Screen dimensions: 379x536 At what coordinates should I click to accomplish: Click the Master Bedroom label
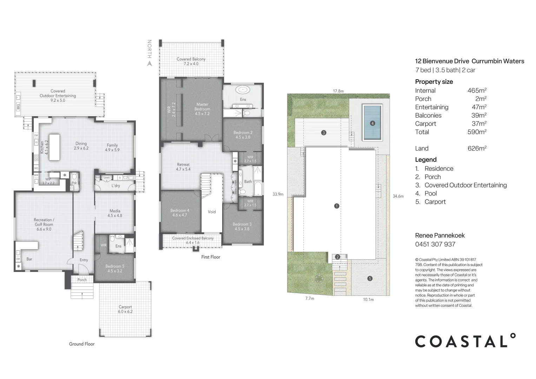click(202, 109)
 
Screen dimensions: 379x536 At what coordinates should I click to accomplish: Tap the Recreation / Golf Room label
click(44, 224)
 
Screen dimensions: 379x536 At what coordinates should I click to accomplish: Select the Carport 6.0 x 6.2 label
click(125, 309)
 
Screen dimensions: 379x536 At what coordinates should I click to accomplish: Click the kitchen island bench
click(54, 147)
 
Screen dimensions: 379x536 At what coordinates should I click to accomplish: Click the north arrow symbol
click(149, 64)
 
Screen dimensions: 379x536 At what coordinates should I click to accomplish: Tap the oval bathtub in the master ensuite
click(243, 90)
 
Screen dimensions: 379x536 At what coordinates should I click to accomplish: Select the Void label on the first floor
click(212, 212)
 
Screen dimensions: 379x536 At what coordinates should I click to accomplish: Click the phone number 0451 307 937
click(435, 244)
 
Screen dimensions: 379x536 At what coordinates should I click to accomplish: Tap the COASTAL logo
click(465, 341)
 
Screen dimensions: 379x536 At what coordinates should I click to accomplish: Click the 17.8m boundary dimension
click(338, 91)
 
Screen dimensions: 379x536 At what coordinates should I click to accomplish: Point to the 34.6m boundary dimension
click(398, 197)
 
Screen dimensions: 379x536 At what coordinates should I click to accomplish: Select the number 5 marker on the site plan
click(370, 279)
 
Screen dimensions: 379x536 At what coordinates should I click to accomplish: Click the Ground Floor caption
click(82, 344)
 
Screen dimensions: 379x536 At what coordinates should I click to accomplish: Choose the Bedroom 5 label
click(115, 268)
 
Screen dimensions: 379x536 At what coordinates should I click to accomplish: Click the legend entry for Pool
click(430, 193)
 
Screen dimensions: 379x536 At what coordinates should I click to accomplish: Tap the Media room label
click(115, 213)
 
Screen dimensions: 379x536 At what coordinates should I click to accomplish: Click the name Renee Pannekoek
click(440, 235)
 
